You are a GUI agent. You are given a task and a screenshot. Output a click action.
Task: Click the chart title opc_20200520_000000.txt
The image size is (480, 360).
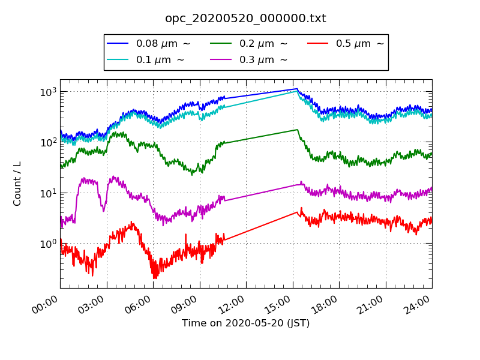245,19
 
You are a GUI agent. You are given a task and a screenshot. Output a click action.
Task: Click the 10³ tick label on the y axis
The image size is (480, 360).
49,92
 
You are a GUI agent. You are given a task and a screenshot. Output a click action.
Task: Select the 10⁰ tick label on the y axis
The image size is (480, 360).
49,244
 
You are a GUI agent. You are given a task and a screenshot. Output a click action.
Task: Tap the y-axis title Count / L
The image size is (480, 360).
17,183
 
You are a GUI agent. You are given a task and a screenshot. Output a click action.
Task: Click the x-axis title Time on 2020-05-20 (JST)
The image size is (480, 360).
245,323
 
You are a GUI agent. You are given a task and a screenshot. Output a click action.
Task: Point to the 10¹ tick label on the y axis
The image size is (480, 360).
49,193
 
